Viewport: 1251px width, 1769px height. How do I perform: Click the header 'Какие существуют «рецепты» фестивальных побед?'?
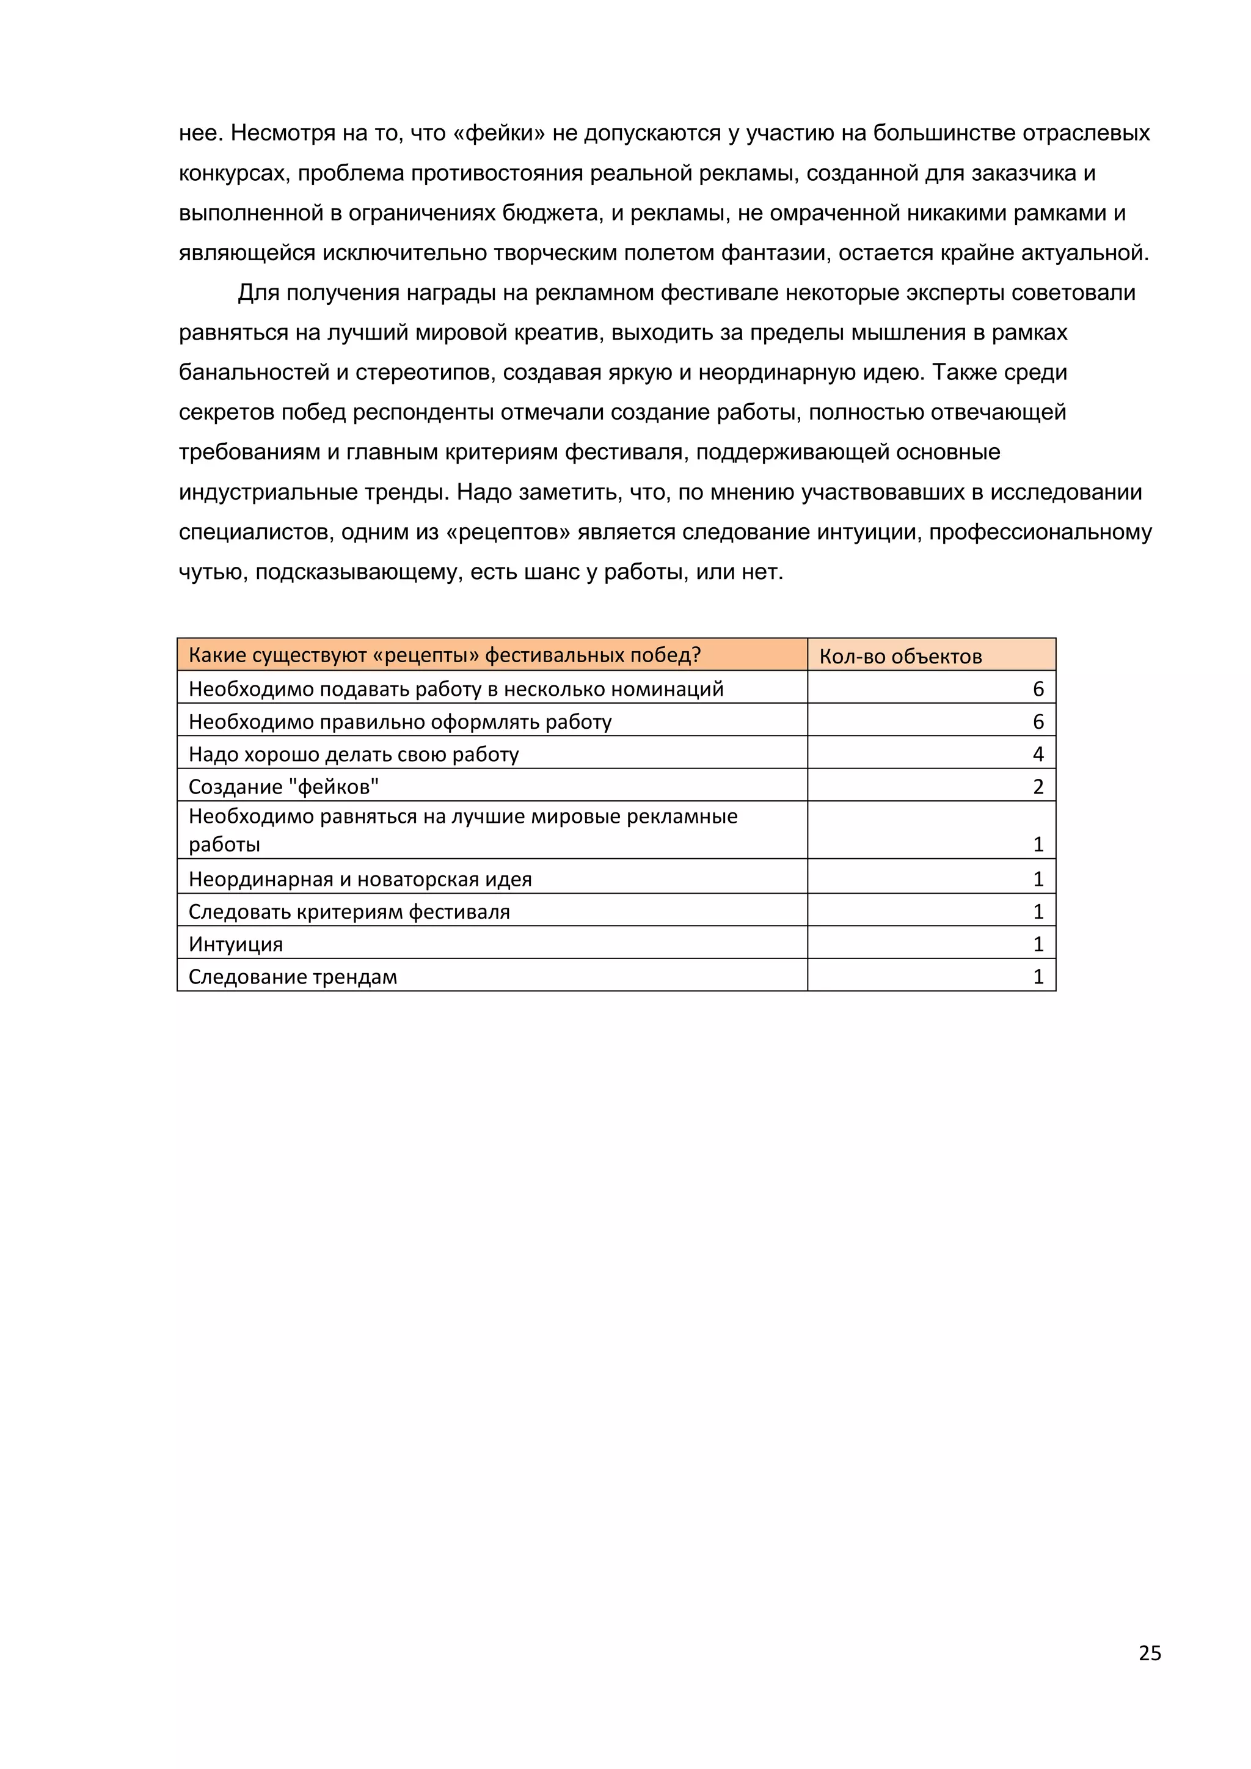pyautogui.click(x=445, y=655)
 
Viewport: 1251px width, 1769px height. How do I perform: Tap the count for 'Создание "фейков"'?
pyautogui.click(x=1038, y=787)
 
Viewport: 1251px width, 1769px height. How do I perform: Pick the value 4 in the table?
pyautogui.click(x=1038, y=754)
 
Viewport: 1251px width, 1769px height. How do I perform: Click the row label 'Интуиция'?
pyautogui.click(x=236, y=944)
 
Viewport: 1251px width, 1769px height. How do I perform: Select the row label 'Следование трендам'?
pyautogui.click(x=293, y=977)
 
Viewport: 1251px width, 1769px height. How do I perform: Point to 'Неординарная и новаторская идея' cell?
pyautogui.click(x=360, y=879)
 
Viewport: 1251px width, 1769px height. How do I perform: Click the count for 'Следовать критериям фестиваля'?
pyautogui.click(x=1038, y=911)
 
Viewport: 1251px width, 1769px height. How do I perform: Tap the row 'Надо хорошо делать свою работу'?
pyautogui.click(x=354, y=754)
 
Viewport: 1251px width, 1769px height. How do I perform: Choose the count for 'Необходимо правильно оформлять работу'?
pyautogui.click(x=1038, y=721)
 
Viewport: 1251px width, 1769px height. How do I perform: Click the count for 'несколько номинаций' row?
pyautogui.click(x=1038, y=689)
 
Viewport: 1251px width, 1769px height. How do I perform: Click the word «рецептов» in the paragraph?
pyautogui.click(x=508, y=533)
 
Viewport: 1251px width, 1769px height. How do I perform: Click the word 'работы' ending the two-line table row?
pyautogui.click(x=224, y=844)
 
